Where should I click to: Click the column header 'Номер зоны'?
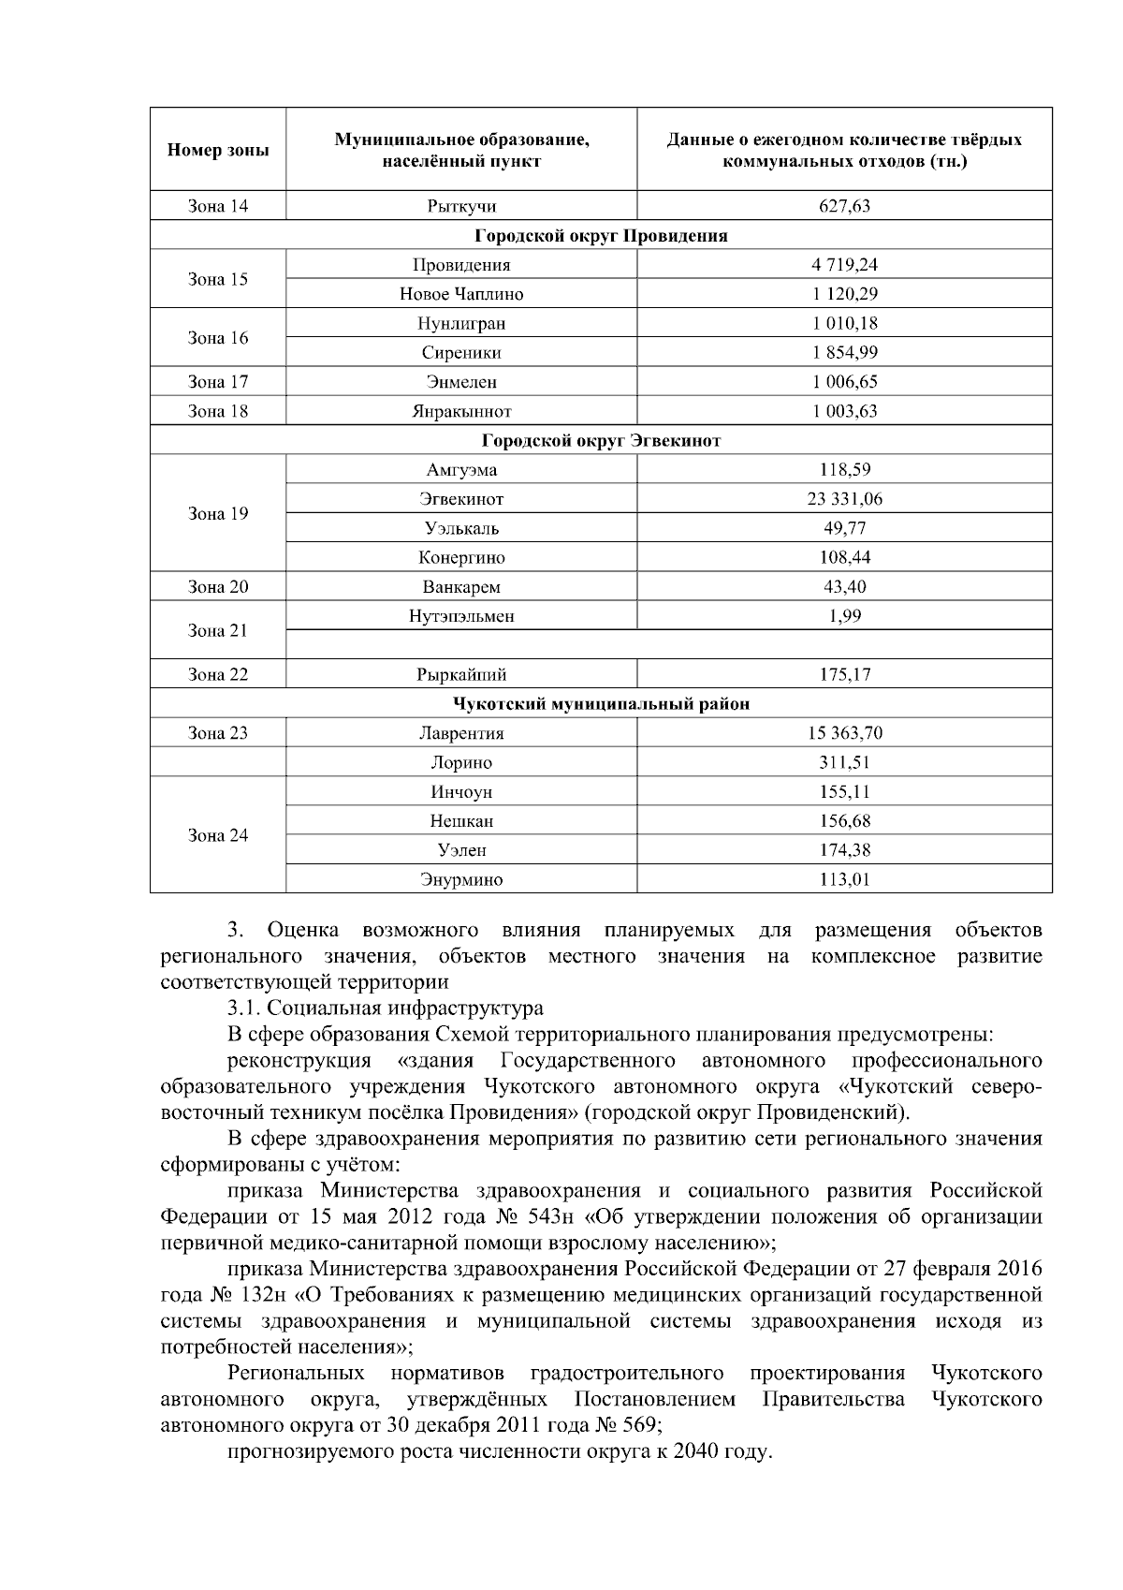coord(218,150)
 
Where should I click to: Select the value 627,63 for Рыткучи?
coord(844,206)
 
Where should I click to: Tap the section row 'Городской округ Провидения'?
coord(601,235)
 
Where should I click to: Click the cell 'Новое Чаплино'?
coord(461,294)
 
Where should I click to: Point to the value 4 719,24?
coord(844,264)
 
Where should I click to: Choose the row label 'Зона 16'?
coord(218,338)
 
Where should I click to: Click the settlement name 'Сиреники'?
coord(461,353)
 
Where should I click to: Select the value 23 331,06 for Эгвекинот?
coord(844,499)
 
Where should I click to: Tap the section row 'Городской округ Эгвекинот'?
coord(601,440)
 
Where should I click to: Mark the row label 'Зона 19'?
coord(218,513)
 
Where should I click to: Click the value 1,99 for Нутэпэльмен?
coord(844,616)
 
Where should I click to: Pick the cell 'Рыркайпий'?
coord(461,674)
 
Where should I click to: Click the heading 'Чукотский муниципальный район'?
coord(601,703)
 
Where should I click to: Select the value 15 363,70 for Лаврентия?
coord(844,733)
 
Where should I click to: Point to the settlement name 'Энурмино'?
coord(461,879)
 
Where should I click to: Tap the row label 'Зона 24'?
coord(218,835)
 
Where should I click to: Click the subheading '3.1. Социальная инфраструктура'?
coord(385,1008)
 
